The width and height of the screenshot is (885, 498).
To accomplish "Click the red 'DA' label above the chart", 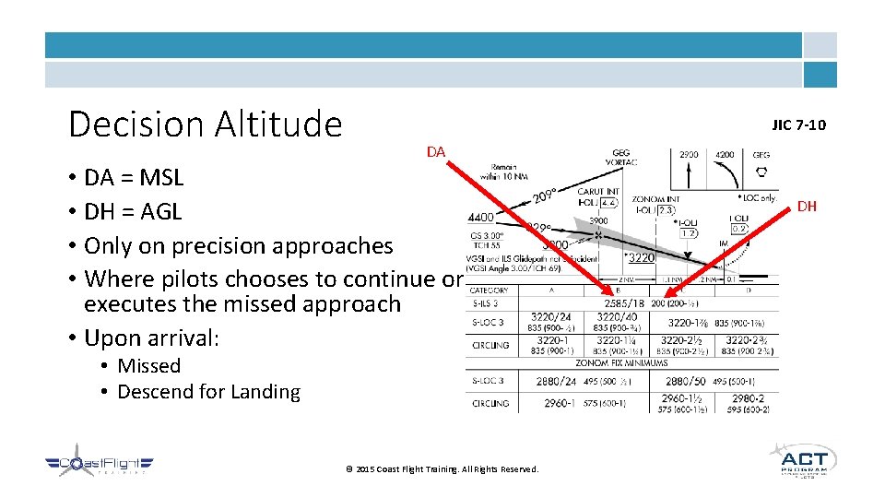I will click(436, 151).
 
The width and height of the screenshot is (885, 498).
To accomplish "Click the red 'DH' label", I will click(807, 207).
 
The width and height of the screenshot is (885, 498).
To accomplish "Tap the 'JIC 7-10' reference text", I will click(798, 125).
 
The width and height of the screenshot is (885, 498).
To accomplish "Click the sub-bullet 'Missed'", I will click(148, 366).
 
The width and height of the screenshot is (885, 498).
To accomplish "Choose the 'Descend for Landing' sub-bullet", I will click(208, 392).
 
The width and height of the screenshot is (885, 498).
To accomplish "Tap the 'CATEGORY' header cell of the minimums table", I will click(489, 290).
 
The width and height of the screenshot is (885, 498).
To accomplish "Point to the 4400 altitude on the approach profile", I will click(481, 218).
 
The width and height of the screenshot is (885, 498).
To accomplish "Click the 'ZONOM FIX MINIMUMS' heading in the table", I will click(622, 364).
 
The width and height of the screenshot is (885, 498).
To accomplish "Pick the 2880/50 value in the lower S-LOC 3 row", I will click(687, 381).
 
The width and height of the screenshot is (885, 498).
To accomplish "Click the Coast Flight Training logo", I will click(99, 465).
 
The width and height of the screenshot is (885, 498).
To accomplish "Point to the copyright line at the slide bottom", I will click(442, 469).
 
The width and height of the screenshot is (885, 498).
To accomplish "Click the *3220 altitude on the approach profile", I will click(640, 258).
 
